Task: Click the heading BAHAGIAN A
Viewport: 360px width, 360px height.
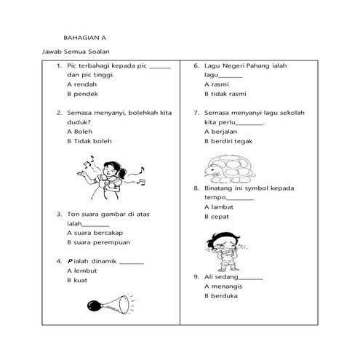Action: coord(85,36)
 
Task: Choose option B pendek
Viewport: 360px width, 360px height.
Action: coord(81,94)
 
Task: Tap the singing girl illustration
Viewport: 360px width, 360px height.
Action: coord(113,179)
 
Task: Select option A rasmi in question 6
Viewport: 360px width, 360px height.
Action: coord(216,84)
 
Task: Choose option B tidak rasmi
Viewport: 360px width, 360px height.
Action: coord(226,94)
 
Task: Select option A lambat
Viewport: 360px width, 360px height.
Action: coord(219,207)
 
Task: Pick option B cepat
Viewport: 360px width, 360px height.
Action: coord(217,217)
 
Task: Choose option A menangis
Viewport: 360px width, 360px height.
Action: coord(225,286)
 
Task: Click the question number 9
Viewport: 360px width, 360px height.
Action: coord(196,276)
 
